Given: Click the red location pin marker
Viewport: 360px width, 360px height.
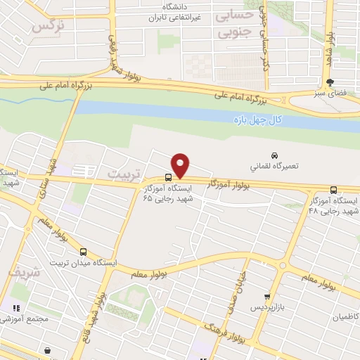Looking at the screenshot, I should (181, 165).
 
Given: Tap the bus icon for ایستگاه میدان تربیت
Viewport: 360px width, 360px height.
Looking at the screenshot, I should (83, 252).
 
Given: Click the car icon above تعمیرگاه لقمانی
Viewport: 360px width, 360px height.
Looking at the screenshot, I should (274, 155).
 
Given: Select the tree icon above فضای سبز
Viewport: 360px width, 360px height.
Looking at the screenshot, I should (340, 82).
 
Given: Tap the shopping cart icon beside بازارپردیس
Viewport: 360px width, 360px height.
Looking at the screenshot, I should (266, 297).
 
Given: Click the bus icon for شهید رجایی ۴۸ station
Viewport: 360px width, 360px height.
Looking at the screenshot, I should (333, 190).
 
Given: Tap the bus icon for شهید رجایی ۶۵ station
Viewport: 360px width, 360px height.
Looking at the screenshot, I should (168, 178).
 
